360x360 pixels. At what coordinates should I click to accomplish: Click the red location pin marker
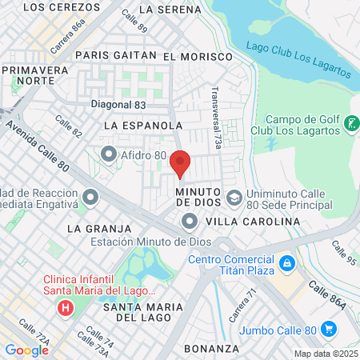coord(181,162)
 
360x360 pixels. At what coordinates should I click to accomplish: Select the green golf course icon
coord(351,124)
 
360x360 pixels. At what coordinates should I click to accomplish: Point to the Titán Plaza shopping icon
coord(286,262)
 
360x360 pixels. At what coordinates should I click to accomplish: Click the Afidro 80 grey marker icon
coord(109,153)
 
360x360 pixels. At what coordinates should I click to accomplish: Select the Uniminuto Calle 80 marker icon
coord(234,197)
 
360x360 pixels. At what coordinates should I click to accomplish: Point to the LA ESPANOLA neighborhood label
coord(143,126)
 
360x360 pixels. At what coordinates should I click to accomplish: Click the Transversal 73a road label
coord(215,112)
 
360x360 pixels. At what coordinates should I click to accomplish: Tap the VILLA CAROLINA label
coord(247,222)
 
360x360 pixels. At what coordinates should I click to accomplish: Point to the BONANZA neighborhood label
coord(211,349)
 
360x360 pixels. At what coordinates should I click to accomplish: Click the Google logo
coord(26,350)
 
